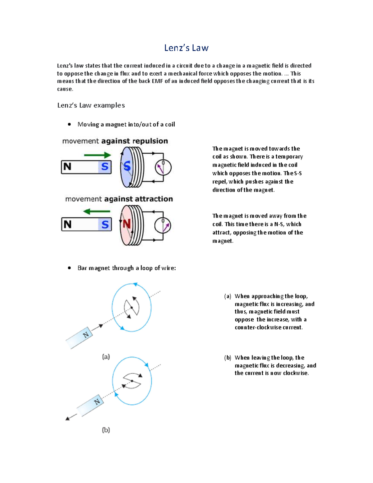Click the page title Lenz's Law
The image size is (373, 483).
tap(186, 48)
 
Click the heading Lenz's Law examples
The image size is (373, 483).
tap(91, 105)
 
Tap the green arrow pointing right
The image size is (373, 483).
tap(97, 155)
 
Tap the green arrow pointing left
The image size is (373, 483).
tap(97, 211)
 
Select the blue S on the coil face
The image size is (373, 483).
tap(127, 166)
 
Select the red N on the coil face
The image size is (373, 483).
tap(127, 224)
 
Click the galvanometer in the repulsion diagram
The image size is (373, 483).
tap(163, 167)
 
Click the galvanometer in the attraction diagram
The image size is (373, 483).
tap(163, 225)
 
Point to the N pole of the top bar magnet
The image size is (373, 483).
tap(67, 167)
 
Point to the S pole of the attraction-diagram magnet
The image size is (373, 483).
tap(105, 224)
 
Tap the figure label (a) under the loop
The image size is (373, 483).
tap(106, 357)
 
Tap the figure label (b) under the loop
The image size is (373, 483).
tap(106, 430)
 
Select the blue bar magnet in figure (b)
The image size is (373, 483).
tap(90, 405)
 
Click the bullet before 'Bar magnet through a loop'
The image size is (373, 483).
tap(69, 268)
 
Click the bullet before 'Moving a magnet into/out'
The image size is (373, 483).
tap(69, 124)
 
